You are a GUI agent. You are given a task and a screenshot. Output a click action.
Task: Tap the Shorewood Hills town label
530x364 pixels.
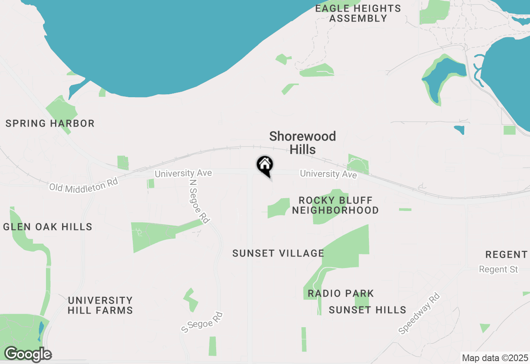tap(303, 143)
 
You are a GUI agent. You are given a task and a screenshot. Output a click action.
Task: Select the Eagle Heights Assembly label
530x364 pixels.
tap(358, 13)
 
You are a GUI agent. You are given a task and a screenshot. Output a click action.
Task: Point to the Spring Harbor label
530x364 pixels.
tap(50, 123)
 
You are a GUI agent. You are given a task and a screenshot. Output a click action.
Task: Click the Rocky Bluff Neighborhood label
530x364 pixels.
tap(335, 205)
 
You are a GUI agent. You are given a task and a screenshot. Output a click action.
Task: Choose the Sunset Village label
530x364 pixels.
tap(278, 253)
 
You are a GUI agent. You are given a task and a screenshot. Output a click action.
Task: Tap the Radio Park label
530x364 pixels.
tap(341, 294)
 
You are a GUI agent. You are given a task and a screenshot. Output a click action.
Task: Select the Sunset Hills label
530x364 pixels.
tap(367, 310)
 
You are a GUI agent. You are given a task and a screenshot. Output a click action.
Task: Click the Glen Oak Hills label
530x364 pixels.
tap(48, 227)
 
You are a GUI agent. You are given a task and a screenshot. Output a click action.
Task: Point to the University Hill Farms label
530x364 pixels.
tap(100, 305)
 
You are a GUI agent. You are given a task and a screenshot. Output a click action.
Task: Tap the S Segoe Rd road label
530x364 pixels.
tap(202, 323)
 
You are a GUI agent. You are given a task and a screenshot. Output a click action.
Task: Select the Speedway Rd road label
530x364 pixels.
tap(419, 314)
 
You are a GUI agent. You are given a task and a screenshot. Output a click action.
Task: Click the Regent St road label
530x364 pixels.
tap(499, 269)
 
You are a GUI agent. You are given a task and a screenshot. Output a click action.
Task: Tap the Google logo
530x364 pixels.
tap(28, 354)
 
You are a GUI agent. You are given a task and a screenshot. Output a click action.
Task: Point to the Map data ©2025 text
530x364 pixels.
tap(495, 358)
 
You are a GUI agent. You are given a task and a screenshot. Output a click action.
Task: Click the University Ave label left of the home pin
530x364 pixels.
tap(183, 173)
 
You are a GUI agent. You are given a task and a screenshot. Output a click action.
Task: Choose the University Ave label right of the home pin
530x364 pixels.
tap(328, 174)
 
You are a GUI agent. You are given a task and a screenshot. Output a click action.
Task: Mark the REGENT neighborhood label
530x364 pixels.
tap(506, 254)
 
